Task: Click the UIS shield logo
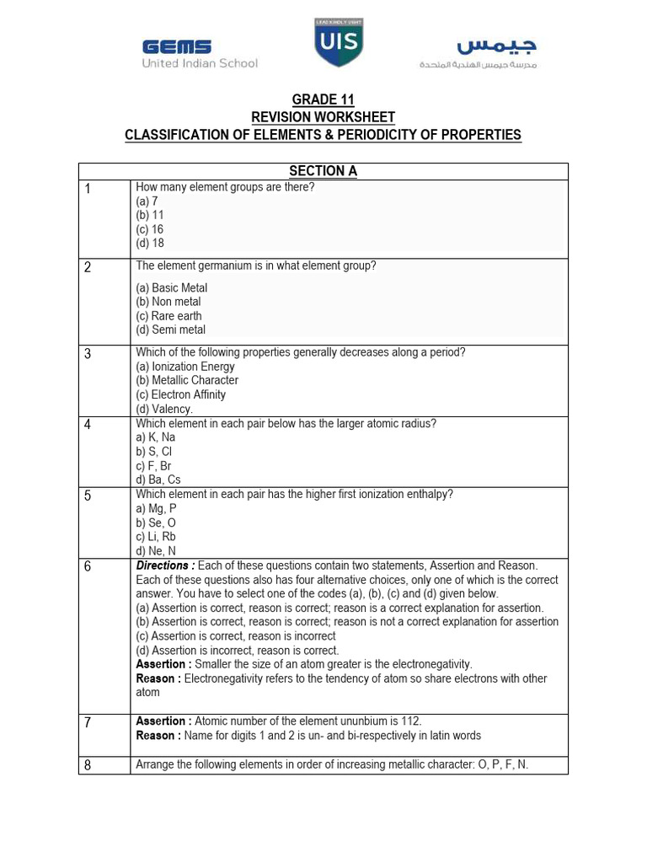point(339,43)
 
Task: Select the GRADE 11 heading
point(323,100)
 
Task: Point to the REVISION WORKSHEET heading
point(323,117)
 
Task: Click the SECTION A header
point(323,171)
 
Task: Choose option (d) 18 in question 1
point(150,243)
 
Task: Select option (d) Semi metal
point(170,330)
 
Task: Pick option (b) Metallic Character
point(187,380)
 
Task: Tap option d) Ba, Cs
point(158,480)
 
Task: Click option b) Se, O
point(156,523)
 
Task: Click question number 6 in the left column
point(88,567)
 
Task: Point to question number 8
point(88,765)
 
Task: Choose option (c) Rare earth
point(168,316)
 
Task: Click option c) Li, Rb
point(156,536)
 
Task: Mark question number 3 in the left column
point(88,354)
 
